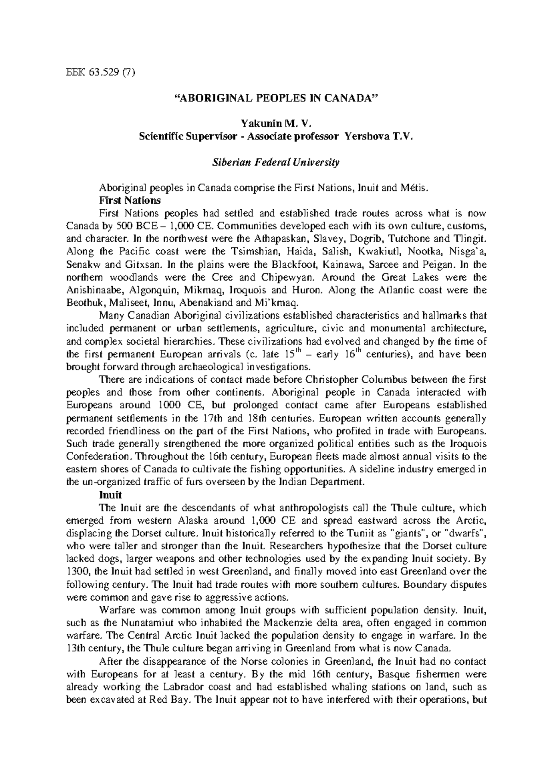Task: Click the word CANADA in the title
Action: (351, 98)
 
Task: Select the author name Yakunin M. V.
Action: (276, 123)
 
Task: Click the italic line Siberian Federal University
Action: (276, 162)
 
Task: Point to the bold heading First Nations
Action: (130, 201)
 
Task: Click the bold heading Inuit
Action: (110, 495)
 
